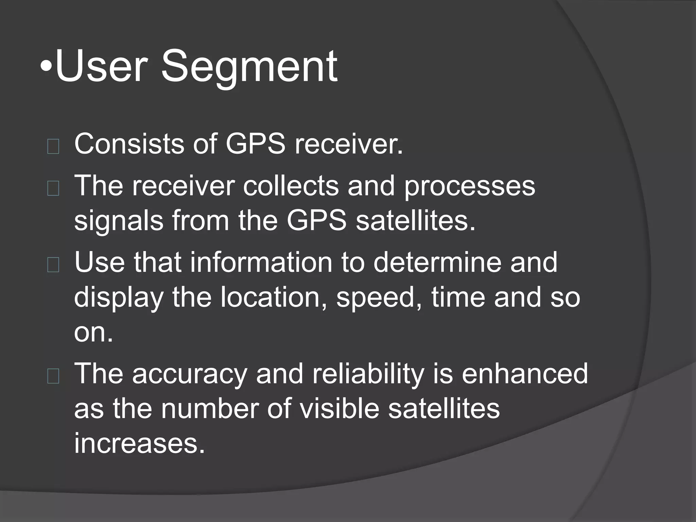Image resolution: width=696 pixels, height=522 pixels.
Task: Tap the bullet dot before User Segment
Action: tap(46, 67)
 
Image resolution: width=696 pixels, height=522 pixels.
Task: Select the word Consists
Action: tap(129, 144)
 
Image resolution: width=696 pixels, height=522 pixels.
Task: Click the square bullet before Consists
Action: tap(53, 147)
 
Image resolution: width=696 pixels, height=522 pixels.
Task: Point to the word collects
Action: tap(291, 186)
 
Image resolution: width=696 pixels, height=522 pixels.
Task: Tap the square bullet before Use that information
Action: tap(53, 265)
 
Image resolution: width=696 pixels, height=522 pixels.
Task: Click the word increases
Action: tap(140, 443)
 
